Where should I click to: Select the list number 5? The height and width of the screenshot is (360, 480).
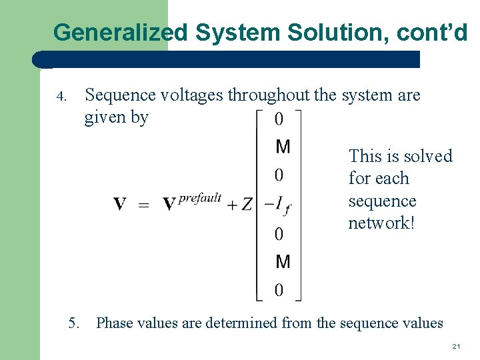[x=74, y=323]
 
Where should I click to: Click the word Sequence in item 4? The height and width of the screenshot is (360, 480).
[x=120, y=95]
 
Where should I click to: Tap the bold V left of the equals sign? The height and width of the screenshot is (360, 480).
[x=120, y=204]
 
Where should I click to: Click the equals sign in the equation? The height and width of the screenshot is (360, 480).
[x=143, y=205]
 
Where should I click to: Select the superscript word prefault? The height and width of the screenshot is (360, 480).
[x=199, y=198]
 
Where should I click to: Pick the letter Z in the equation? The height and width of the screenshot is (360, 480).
[x=247, y=204]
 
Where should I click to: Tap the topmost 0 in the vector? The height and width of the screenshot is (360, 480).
[x=279, y=119]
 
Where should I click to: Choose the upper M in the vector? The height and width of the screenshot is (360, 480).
[x=283, y=146]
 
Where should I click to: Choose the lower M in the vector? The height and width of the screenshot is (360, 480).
[x=283, y=261]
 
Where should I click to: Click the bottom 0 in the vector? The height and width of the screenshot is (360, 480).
[x=279, y=290]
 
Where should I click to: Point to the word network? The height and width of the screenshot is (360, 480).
[x=381, y=223]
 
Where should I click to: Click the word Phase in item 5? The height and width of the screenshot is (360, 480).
[x=115, y=323]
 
